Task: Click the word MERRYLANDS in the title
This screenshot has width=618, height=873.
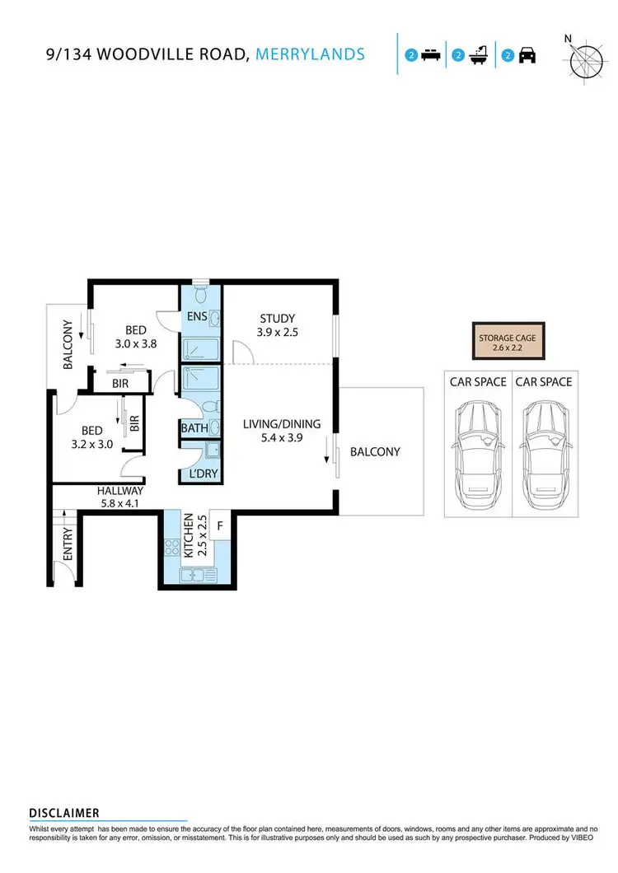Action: coord(311,54)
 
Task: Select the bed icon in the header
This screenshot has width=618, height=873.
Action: coord(429,55)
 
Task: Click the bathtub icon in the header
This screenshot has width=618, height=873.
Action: coord(477,55)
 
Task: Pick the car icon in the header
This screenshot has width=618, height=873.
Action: coord(527,55)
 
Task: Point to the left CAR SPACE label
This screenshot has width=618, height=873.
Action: coord(477,382)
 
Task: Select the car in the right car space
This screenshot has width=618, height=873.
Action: coord(545,446)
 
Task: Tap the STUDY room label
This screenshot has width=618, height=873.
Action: coord(277,319)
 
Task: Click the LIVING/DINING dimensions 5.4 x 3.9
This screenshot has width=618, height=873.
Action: coord(281,438)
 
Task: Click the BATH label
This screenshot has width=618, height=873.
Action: coord(194,428)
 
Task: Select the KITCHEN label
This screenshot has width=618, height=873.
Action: coord(188,535)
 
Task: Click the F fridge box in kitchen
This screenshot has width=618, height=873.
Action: coord(221,525)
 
